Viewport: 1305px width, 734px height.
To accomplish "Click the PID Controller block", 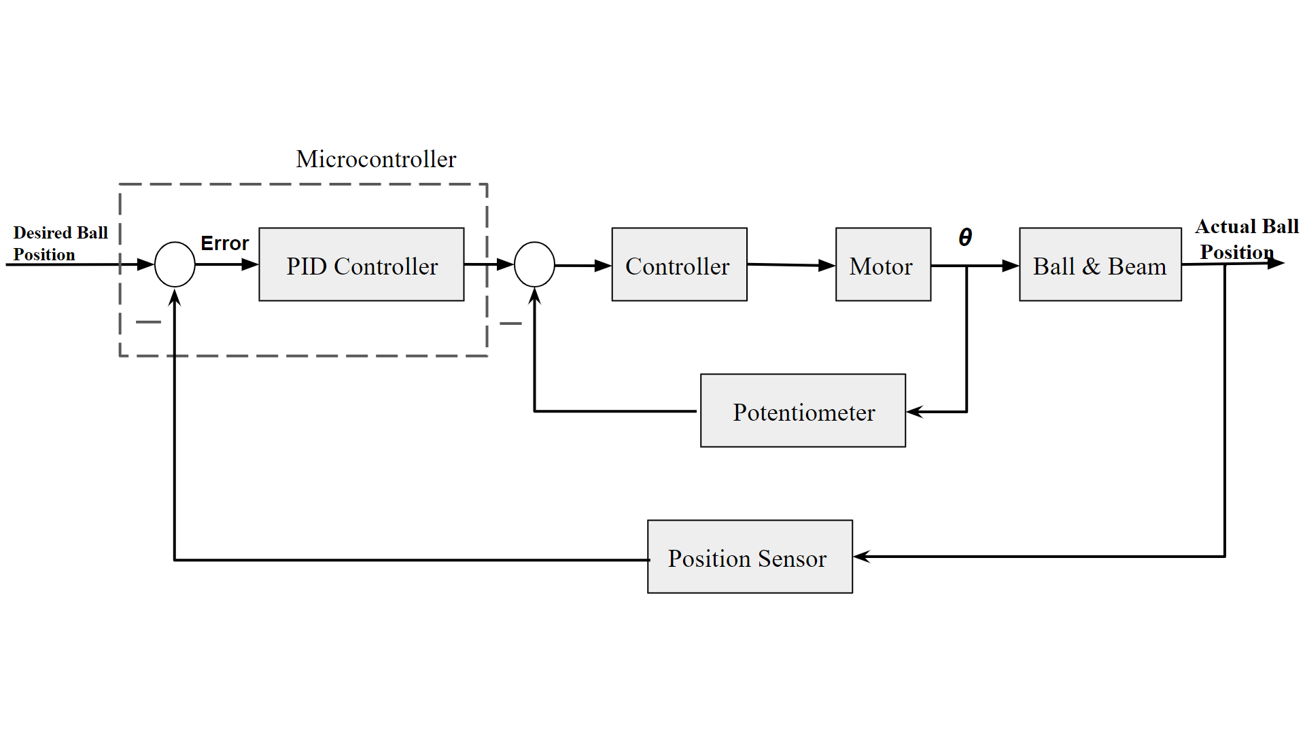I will (361, 264).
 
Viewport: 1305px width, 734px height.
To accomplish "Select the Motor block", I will (882, 264).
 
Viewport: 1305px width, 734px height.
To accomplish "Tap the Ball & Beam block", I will (1100, 264).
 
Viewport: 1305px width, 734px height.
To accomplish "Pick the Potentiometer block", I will (803, 410).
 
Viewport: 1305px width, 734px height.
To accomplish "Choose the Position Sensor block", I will (749, 557).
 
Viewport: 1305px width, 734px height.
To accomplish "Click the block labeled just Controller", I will (678, 264).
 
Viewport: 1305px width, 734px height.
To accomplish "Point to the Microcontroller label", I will (376, 159).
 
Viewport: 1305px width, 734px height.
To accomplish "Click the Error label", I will (224, 243).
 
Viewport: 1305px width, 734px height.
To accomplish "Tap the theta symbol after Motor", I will (965, 237).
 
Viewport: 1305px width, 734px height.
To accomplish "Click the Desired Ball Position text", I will (60, 243).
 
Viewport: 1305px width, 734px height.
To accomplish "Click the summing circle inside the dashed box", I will (175, 264).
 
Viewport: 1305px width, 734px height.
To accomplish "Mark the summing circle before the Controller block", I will (534, 264).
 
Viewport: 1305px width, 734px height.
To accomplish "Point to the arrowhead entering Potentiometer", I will (915, 411).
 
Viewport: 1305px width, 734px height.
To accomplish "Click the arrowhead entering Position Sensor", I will (862, 557).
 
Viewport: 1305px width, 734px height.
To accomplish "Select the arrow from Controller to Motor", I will (791, 265).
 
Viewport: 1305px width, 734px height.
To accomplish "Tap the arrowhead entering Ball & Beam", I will (1010, 266).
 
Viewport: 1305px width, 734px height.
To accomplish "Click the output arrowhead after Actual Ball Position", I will (1276, 262).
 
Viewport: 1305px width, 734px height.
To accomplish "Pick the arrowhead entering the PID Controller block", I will (249, 264).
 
